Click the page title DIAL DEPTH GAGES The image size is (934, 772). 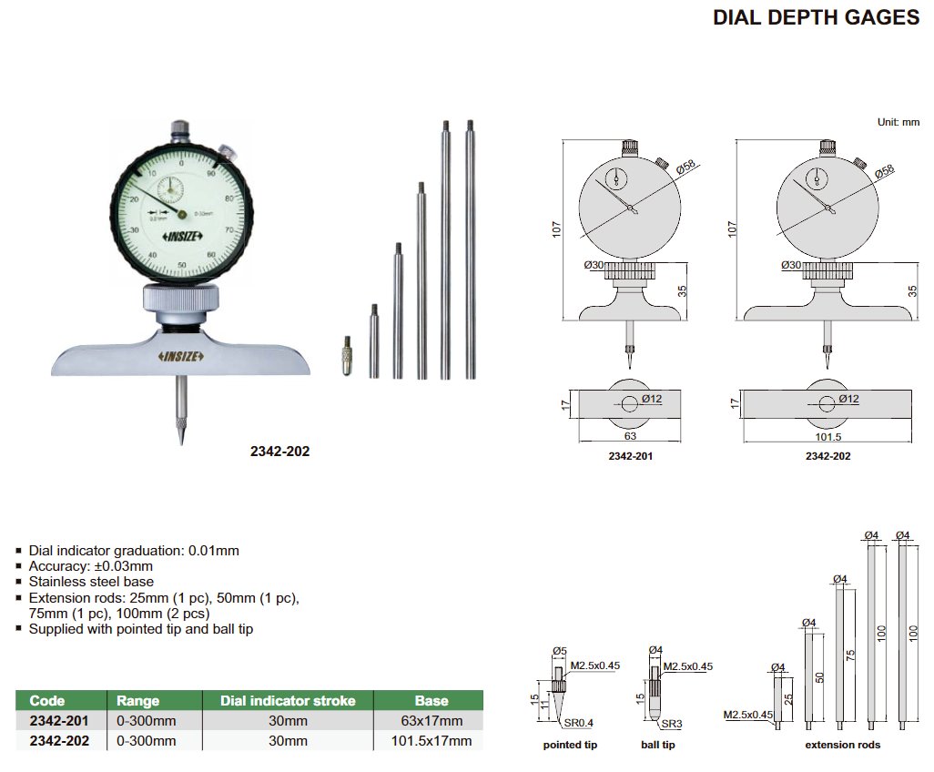pyautogui.click(x=815, y=17)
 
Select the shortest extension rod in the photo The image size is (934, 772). pyautogui.click(x=373, y=340)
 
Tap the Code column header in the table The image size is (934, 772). pyautogui.click(x=47, y=701)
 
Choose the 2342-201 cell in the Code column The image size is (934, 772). pyautogui.click(x=59, y=721)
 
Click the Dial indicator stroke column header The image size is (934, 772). pyautogui.click(x=289, y=701)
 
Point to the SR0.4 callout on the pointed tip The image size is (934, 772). pyautogui.click(x=579, y=723)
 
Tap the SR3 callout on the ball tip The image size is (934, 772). pyautogui.click(x=671, y=724)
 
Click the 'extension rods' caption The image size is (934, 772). pyautogui.click(x=844, y=746)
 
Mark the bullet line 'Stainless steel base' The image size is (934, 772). pyautogui.click(x=91, y=582)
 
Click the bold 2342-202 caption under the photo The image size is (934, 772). pyautogui.click(x=280, y=451)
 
